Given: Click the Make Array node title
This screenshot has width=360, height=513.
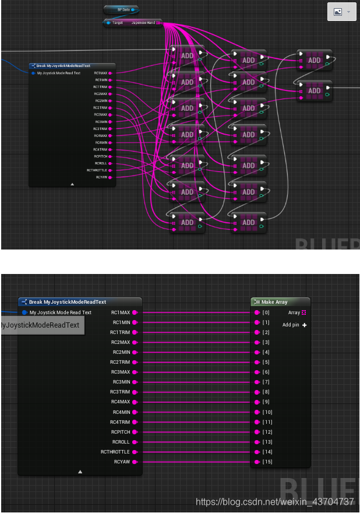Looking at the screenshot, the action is (x=274, y=302).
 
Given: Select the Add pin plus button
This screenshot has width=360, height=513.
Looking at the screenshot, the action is (x=304, y=325).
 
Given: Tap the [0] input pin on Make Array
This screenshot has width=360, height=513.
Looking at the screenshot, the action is (x=257, y=312).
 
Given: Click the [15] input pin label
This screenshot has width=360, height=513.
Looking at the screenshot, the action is (x=267, y=462).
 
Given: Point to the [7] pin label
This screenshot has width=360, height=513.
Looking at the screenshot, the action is (x=266, y=382).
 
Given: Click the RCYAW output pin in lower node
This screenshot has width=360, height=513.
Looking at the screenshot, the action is (x=135, y=462).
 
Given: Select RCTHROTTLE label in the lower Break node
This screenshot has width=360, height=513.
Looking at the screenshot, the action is (x=115, y=452).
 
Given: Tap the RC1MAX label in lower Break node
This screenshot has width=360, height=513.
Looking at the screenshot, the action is (x=121, y=312).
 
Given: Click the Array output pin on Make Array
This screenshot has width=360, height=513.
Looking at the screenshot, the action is (x=304, y=312).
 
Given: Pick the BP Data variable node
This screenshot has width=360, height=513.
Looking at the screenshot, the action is (x=121, y=10).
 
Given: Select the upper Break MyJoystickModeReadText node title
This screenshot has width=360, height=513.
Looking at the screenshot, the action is (x=63, y=66).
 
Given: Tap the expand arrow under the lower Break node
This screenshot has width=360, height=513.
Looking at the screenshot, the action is (x=80, y=472).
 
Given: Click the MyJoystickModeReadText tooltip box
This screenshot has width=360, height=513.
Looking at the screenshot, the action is (x=40, y=325).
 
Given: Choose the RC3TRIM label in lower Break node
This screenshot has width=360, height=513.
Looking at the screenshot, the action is (x=121, y=392).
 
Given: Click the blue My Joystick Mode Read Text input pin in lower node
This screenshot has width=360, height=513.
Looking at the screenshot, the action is (x=24, y=312).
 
